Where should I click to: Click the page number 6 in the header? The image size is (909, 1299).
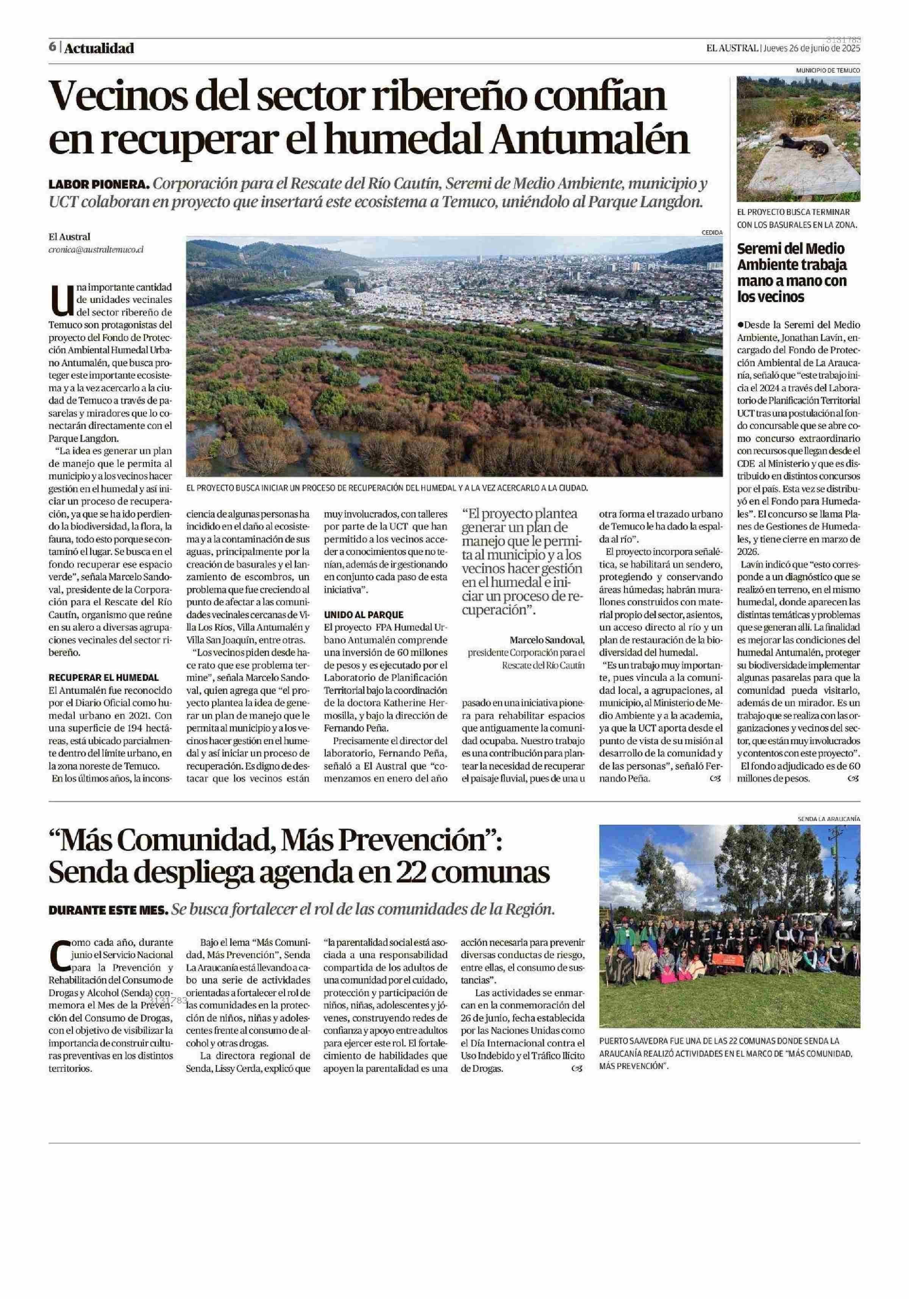click(x=52, y=47)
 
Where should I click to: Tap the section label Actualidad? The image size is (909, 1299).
click(x=99, y=48)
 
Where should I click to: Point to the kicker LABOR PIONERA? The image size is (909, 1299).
click(x=99, y=184)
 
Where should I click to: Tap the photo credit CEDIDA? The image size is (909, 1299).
click(x=712, y=232)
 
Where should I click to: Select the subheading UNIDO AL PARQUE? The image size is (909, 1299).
click(x=363, y=614)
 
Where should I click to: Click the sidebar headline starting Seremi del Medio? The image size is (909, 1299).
click(x=792, y=273)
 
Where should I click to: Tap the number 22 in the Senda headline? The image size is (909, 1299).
click(x=434, y=873)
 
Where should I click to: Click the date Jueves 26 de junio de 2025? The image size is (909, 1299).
click(x=812, y=48)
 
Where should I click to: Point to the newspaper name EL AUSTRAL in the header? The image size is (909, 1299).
click(x=731, y=48)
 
